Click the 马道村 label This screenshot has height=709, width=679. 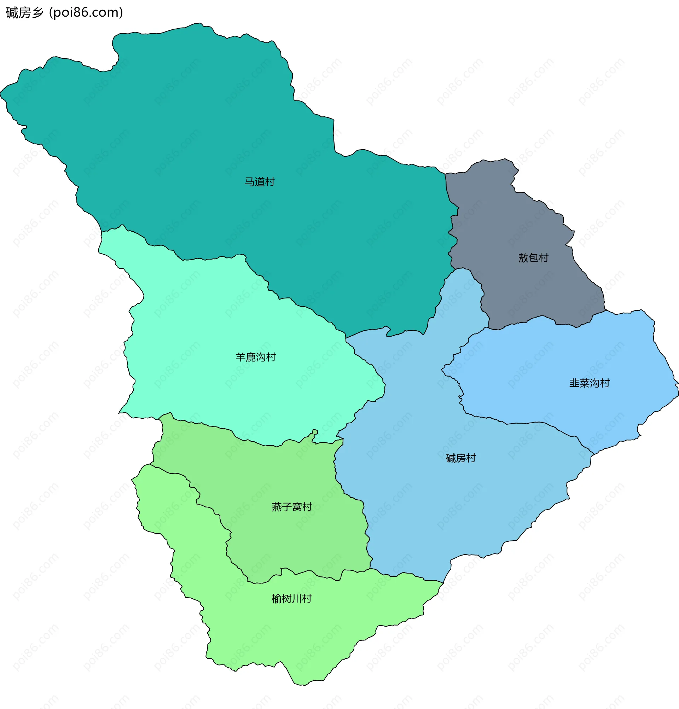coord(259,182)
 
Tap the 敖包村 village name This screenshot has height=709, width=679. coord(533,258)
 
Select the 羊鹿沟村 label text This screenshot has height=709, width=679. coord(255,358)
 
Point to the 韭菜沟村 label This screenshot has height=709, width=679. coord(589,383)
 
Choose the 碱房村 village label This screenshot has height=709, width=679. coord(460,458)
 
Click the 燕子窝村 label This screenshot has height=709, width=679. coord(291,507)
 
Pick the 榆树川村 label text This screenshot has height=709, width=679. coord(291,599)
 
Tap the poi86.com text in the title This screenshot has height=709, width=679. coord(86,13)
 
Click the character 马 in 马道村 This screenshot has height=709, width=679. coord(249,182)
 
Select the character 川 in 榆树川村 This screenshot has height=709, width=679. coord(297,599)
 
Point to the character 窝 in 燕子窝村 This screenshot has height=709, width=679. coord(297,507)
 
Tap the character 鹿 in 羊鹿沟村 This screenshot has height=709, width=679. coord(250,358)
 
